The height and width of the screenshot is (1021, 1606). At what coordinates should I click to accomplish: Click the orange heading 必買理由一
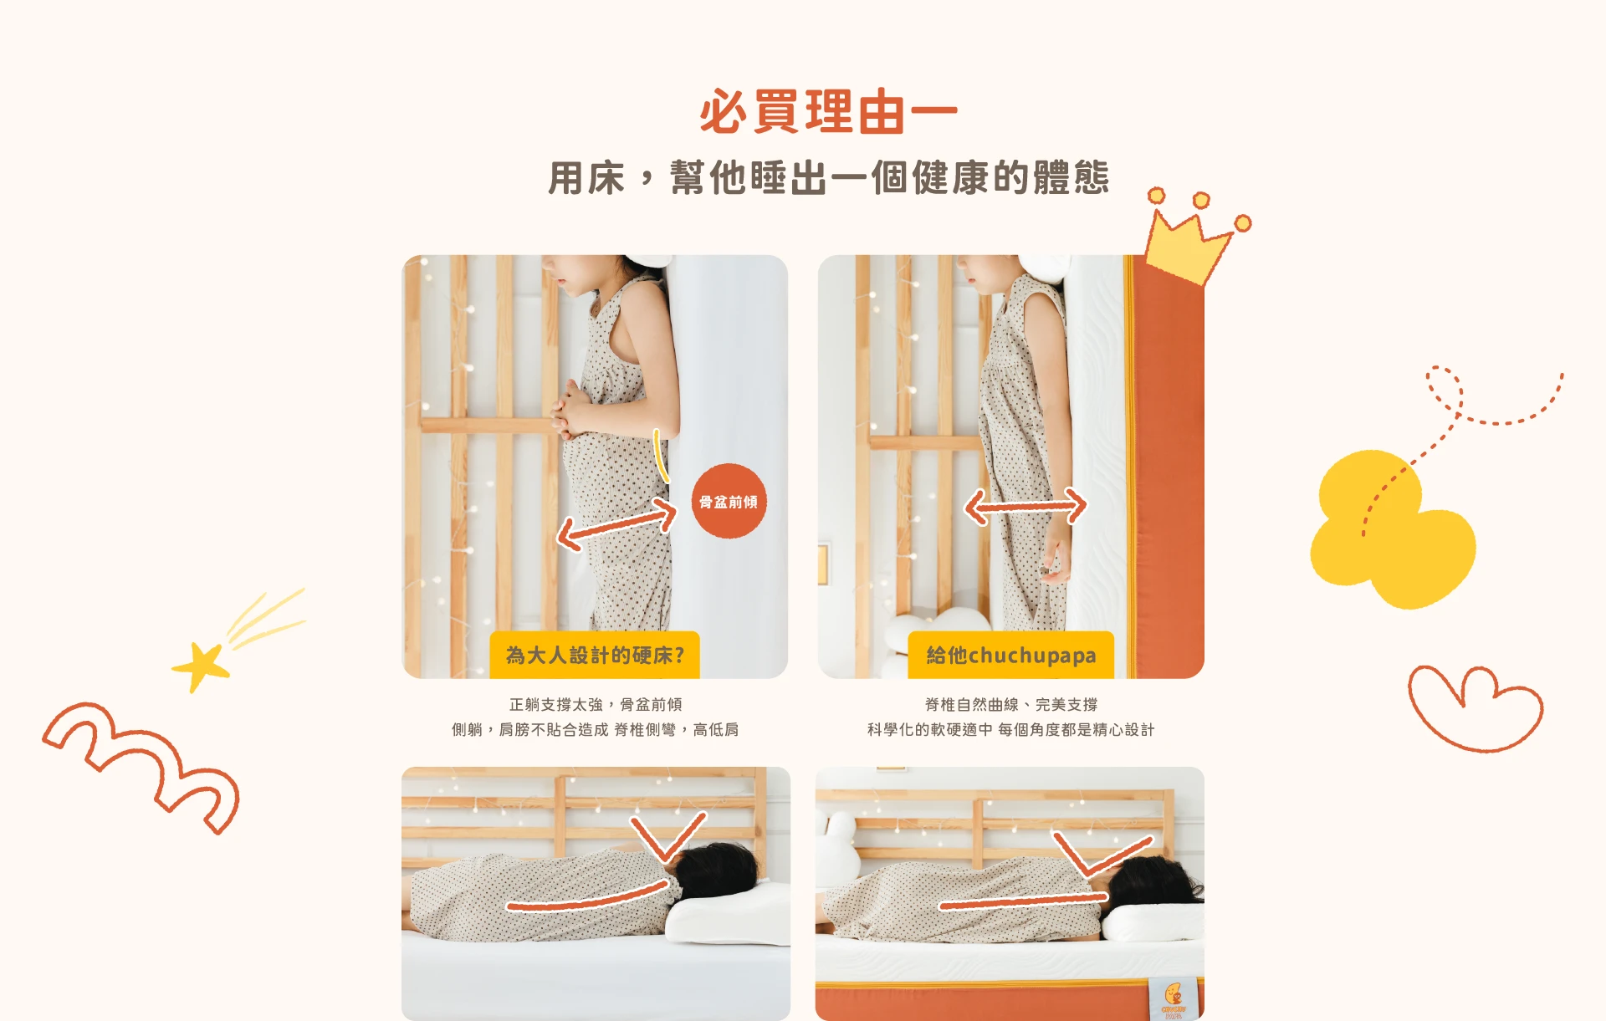point(828,112)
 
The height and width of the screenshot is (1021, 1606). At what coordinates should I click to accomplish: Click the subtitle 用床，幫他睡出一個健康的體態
point(828,178)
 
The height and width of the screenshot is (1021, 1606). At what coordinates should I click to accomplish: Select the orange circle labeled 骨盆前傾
point(729,501)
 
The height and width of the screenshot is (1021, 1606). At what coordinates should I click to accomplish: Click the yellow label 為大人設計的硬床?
point(595,655)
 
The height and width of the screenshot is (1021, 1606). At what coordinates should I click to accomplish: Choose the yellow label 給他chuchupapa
point(1010,655)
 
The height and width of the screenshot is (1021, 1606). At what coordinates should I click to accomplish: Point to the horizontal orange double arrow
point(1025,505)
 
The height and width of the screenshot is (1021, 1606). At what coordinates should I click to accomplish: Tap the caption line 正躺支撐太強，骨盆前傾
point(596,704)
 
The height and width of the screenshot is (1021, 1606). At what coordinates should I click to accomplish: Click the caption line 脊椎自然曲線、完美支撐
point(1011,704)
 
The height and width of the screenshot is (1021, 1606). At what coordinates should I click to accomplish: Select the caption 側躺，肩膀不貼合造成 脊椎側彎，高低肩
point(595,729)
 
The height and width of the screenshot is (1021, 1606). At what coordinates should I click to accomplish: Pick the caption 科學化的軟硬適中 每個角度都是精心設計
point(1010,729)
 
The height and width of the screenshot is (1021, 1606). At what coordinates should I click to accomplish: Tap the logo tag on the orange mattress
point(1174,998)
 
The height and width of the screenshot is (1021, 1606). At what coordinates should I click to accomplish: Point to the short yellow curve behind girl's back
point(661,457)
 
